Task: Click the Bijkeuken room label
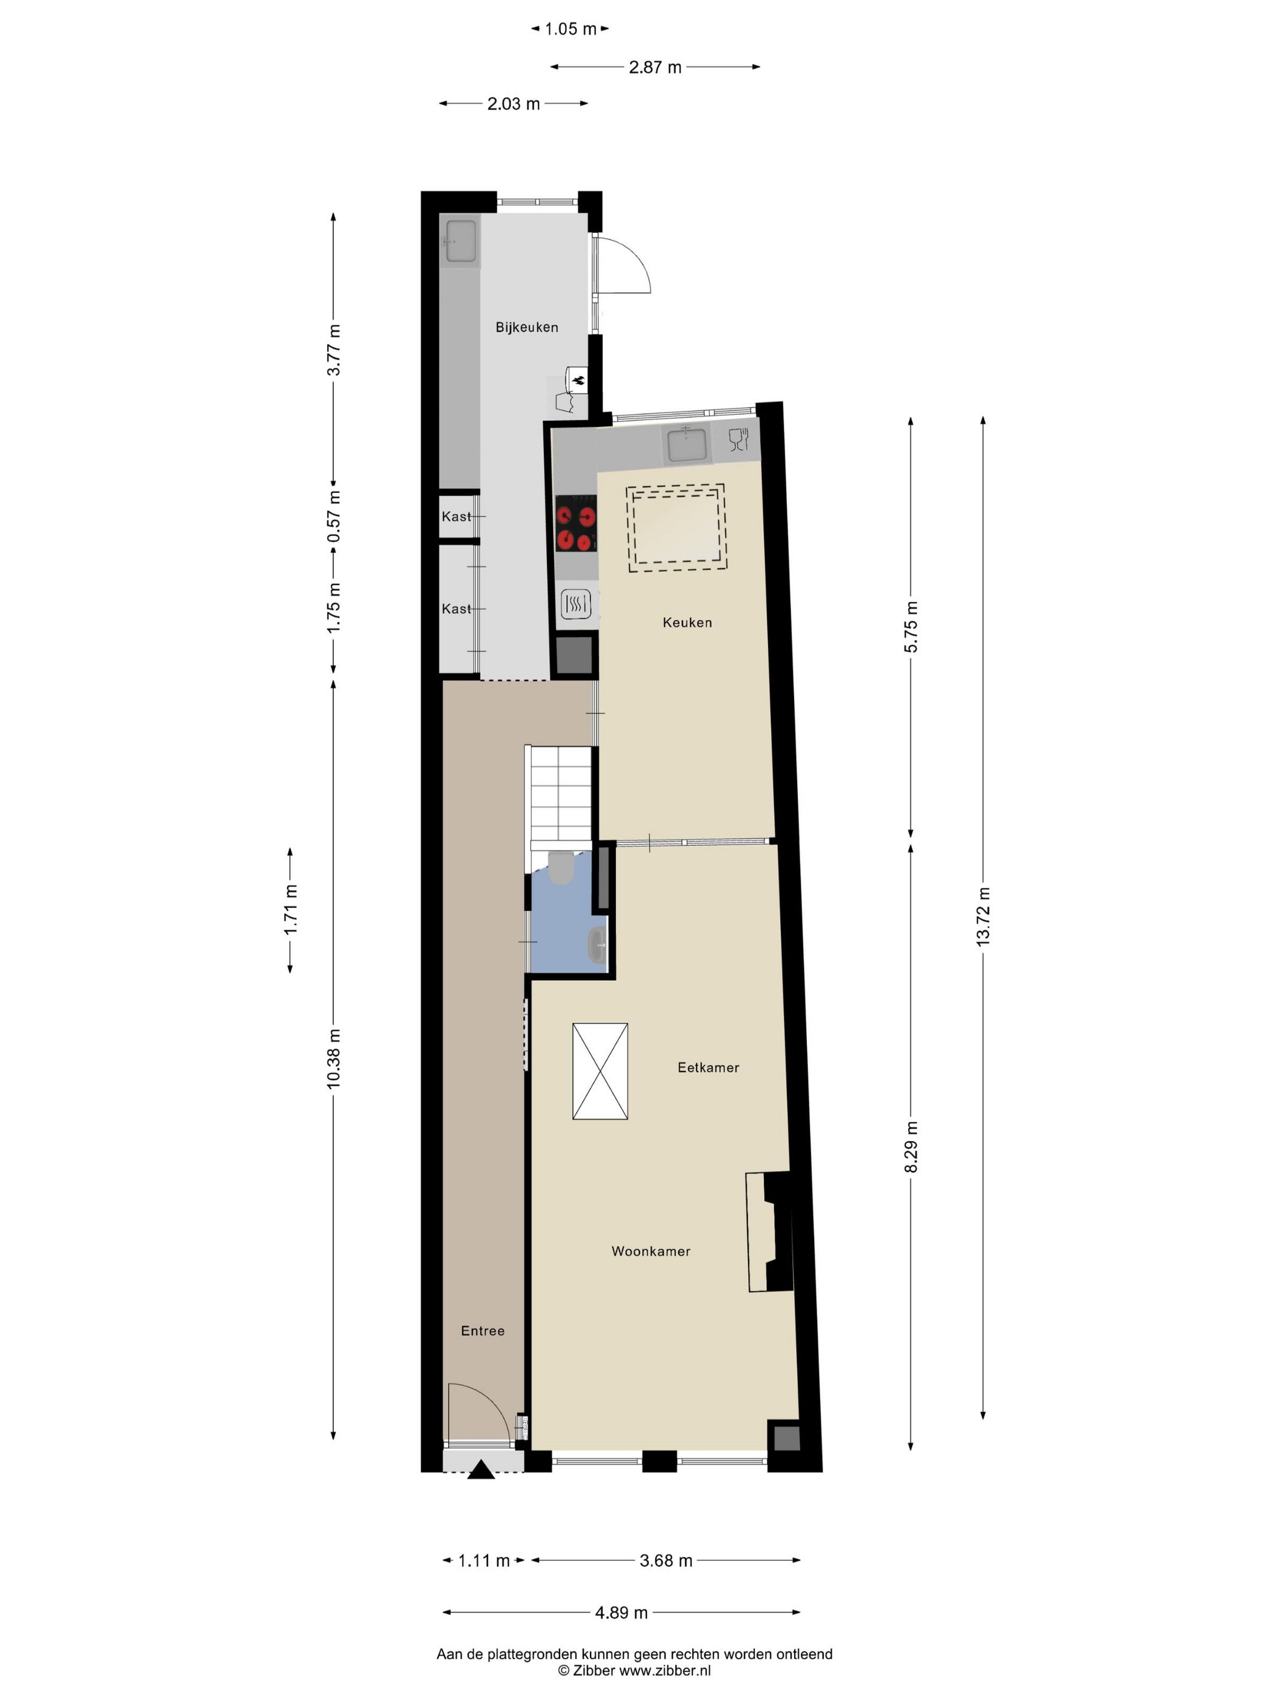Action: pos(526,327)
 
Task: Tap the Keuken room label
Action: pos(687,623)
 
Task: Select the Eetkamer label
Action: pos(707,1067)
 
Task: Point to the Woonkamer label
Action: pos(650,1251)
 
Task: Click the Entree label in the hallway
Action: pos(483,1331)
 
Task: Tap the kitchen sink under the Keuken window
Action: pos(687,445)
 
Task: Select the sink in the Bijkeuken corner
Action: pos(460,241)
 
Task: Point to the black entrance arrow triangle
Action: pos(481,1469)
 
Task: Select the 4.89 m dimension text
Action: pos(621,1612)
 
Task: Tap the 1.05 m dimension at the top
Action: pos(570,29)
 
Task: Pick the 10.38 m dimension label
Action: pos(333,1058)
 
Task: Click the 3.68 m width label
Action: pos(665,1560)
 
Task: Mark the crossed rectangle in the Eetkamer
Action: pos(600,1071)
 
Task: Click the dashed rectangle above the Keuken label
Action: pos(676,528)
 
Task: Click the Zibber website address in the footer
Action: pos(664,1670)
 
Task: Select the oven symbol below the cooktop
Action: pos(575,605)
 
